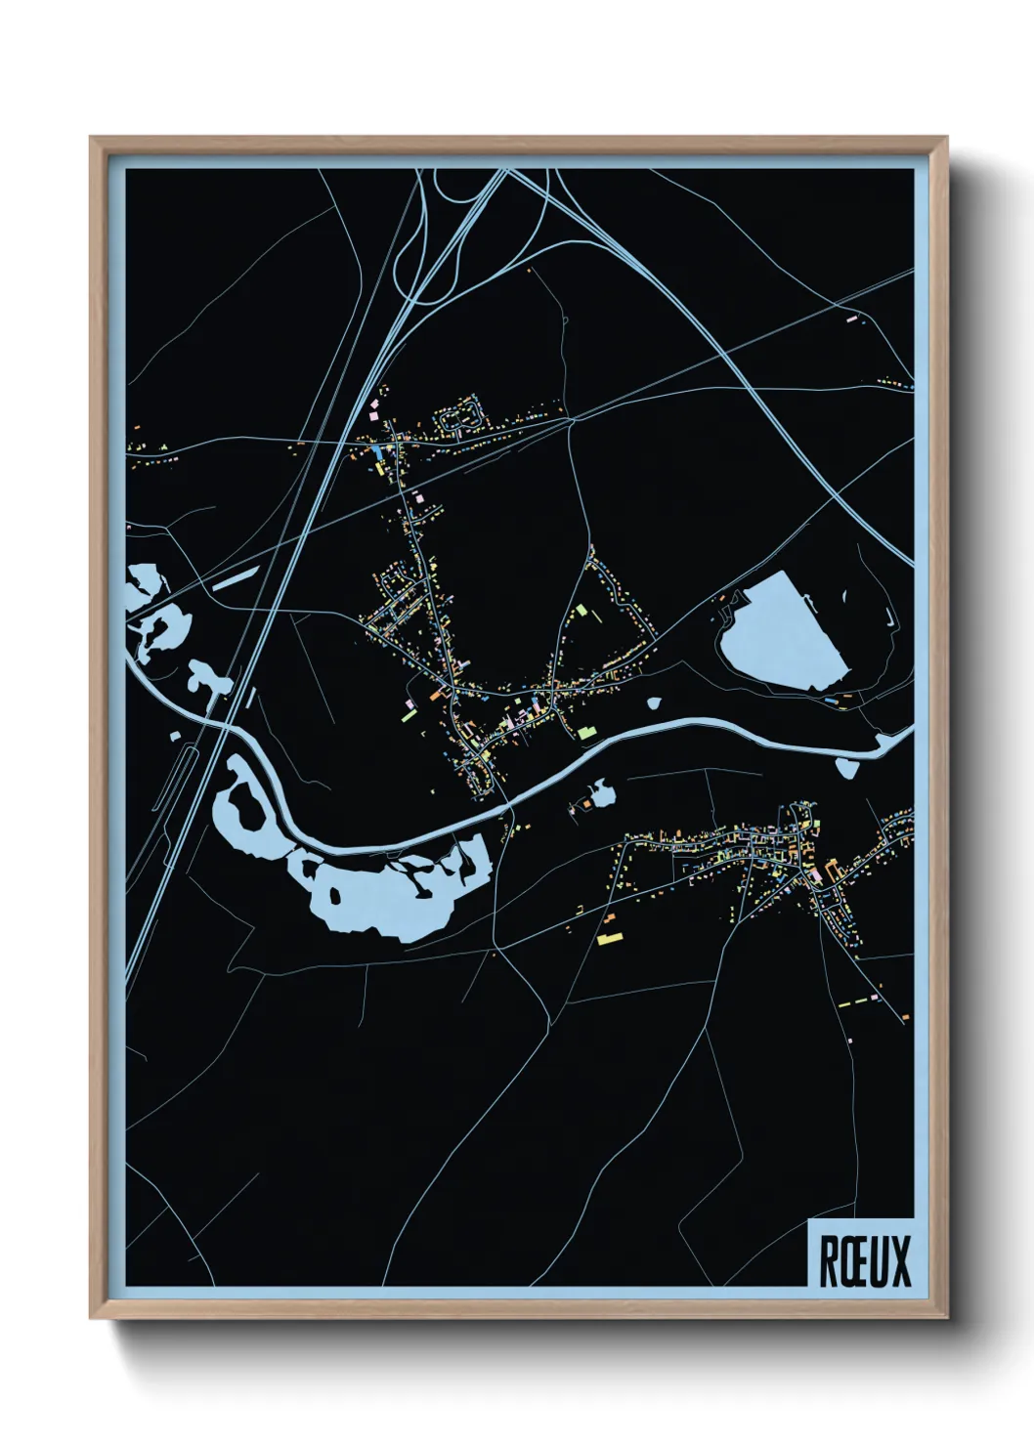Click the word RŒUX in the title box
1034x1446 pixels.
pyautogui.click(x=863, y=1261)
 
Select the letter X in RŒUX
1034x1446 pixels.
pyautogui.click(x=899, y=1261)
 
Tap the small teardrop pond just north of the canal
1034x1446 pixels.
pyautogui.click(x=654, y=702)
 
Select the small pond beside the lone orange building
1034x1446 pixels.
pyautogui.click(x=603, y=794)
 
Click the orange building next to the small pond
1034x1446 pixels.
pyautogui.click(x=586, y=804)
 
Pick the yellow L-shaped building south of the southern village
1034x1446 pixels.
pyautogui.click(x=609, y=938)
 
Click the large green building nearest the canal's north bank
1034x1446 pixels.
pyautogui.click(x=585, y=732)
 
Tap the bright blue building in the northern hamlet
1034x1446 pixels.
pyautogui.click(x=377, y=451)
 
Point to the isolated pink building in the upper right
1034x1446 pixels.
pyautogui.click(x=849, y=318)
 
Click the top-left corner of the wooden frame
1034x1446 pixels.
pyautogui.click(x=93, y=139)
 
